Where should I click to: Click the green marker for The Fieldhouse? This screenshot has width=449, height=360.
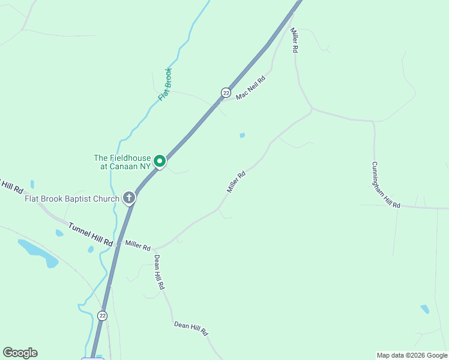[160, 161]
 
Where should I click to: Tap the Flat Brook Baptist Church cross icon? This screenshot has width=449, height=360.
[128, 197]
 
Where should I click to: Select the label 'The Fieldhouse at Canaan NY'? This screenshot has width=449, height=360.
[122, 162]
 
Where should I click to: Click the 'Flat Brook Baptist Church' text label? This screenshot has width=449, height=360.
[72, 198]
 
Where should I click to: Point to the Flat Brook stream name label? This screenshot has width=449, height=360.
[165, 84]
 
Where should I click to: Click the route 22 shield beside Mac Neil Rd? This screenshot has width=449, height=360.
[226, 92]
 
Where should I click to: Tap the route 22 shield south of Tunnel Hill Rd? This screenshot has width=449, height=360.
[103, 316]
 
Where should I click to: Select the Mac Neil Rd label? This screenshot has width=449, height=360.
[250, 88]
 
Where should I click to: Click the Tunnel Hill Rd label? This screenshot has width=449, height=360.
[90, 235]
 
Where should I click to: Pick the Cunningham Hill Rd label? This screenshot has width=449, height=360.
[385, 185]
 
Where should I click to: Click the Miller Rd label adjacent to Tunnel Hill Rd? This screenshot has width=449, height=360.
[137, 244]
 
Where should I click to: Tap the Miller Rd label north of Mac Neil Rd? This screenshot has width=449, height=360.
[294, 40]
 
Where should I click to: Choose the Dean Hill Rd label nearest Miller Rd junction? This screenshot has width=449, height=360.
[158, 272]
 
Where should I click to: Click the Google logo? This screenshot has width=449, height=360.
[20, 353]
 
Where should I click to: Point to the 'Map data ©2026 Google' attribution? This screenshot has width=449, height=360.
[412, 355]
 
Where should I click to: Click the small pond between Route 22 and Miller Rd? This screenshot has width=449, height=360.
[242, 136]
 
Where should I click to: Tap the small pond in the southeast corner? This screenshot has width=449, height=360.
[425, 309]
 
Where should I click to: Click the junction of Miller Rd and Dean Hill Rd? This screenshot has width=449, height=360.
[154, 248]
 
